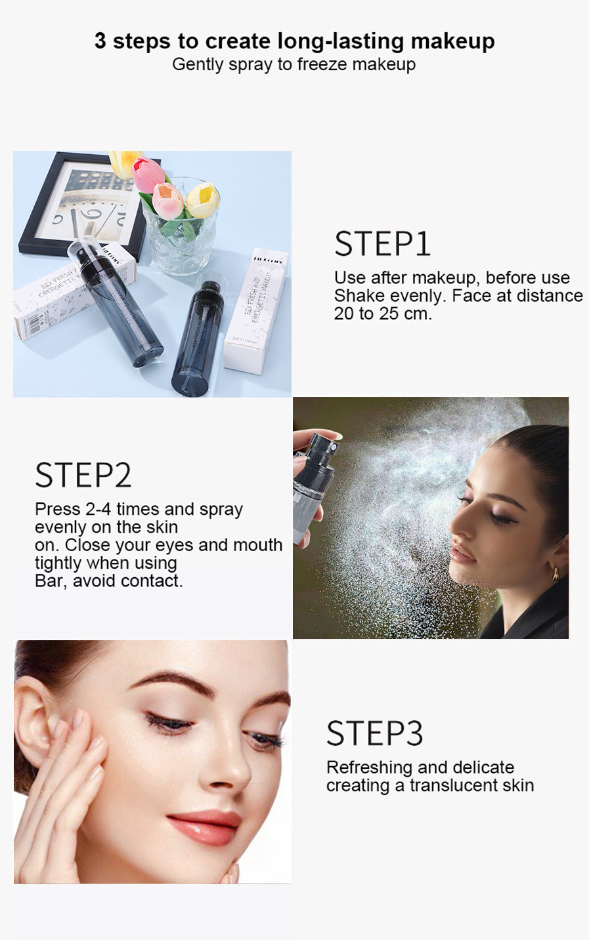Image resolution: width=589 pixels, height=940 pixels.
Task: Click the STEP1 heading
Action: tap(382, 244)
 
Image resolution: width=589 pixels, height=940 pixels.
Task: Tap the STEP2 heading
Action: tap(83, 476)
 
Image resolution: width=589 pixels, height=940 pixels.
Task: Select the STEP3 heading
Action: tap(374, 734)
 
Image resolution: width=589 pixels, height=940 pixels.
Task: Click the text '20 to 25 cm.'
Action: tap(383, 314)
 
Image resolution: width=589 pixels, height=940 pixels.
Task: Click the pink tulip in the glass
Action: tap(148, 174)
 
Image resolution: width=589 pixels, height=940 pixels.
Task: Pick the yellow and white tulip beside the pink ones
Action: tap(203, 200)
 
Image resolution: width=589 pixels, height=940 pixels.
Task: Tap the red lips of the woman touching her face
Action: tap(205, 827)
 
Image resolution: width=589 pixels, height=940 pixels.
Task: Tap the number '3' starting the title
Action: tap(100, 41)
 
